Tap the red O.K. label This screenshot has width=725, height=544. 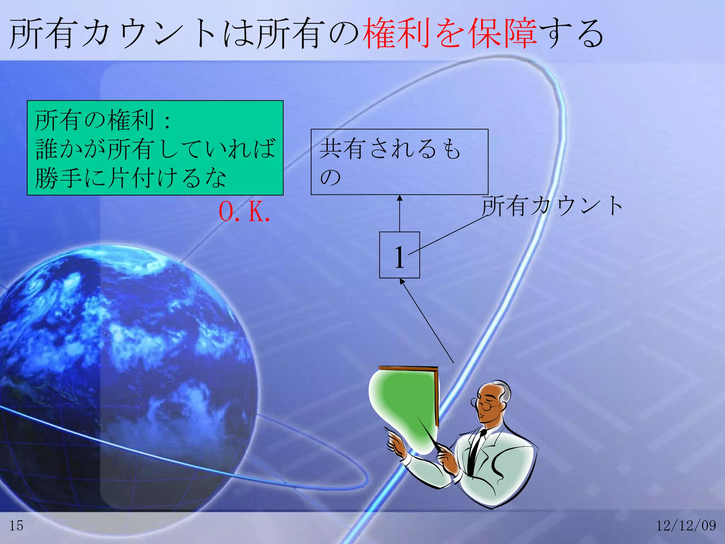[x=244, y=212]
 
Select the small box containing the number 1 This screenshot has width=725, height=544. [x=399, y=255]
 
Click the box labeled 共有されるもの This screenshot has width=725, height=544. [x=399, y=162]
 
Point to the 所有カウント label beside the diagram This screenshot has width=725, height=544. [x=552, y=206]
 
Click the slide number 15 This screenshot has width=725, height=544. [x=16, y=526]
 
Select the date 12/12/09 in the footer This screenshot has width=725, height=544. [x=686, y=526]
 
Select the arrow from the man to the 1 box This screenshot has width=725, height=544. [x=427, y=321]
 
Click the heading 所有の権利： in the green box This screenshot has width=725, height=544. [x=103, y=120]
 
